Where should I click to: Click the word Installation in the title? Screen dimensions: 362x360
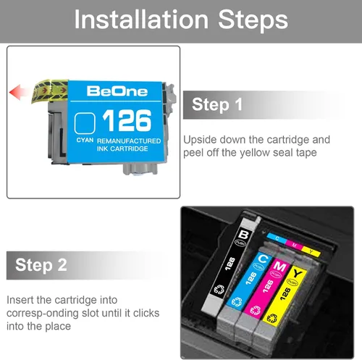141,20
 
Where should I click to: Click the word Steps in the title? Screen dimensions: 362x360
253,21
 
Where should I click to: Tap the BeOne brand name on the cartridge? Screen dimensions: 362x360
117,91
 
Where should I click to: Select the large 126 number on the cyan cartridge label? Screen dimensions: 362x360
127,120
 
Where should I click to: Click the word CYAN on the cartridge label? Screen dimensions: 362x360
85,141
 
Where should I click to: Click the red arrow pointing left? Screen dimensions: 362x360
20,93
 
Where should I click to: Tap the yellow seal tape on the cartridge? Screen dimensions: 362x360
49,91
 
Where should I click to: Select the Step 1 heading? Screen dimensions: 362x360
217,104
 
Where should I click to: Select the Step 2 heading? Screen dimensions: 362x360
41,265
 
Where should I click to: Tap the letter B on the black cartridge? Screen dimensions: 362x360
243,234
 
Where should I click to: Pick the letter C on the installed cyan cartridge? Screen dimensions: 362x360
263,259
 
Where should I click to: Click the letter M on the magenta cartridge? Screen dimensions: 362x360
279,267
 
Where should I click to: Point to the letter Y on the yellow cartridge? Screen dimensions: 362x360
298,274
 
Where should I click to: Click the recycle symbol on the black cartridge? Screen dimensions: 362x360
219,289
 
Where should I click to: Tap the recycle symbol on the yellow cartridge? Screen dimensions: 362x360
272,319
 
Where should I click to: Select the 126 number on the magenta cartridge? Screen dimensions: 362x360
268,286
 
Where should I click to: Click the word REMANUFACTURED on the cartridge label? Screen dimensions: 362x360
129,141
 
